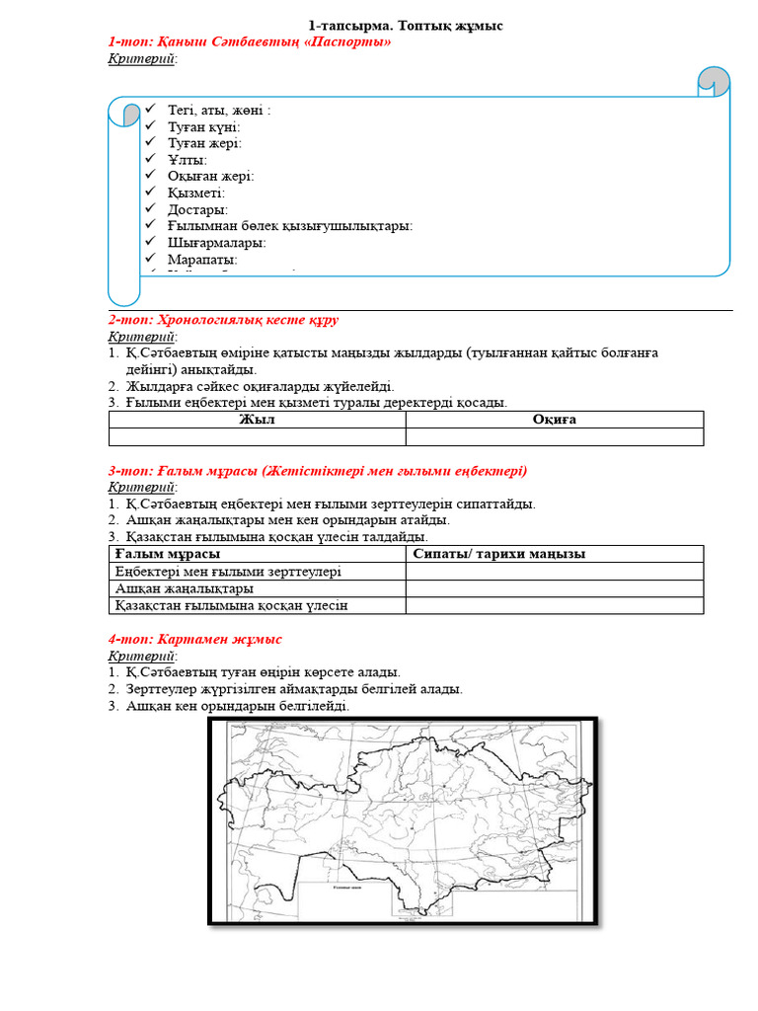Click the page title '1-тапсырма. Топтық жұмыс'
406,26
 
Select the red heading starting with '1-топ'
250,41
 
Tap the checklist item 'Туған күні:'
203,126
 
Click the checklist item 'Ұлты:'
187,160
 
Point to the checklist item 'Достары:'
197,209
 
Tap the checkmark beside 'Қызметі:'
150,193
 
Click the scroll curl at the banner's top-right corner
714,82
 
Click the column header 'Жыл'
257,420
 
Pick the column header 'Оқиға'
554,420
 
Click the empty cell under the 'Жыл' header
257,436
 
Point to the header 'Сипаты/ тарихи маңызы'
499,554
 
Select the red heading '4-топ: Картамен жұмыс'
194,640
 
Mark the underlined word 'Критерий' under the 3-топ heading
141,488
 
